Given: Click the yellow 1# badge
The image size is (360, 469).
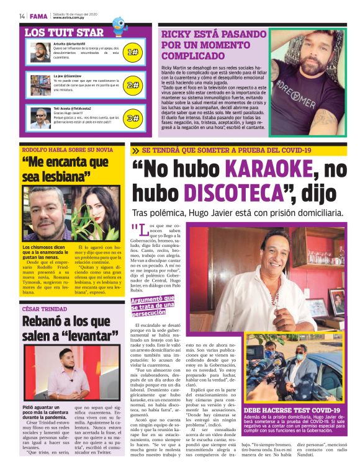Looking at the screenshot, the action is point(132,53).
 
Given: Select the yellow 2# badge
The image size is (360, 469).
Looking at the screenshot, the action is point(132,85).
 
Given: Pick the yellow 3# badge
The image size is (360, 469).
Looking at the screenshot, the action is point(132,117).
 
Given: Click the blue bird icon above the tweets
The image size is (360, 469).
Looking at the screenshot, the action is point(118,24).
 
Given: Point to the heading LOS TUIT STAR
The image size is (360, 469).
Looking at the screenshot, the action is point(65,32).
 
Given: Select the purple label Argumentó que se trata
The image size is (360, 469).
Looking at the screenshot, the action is point(153,306).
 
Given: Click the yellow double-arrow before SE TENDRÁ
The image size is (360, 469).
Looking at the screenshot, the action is point(135,150).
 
